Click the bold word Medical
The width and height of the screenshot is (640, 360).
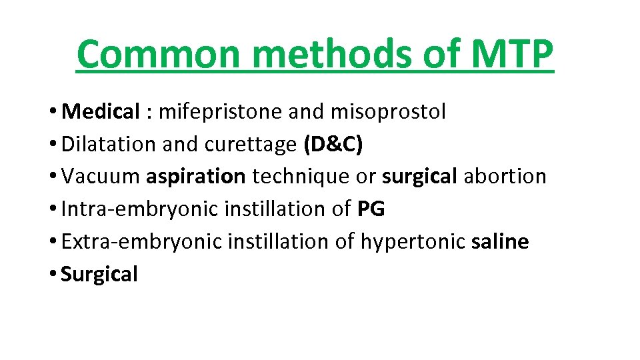[99, 112]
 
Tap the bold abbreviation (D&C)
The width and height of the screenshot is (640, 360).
[333, 145]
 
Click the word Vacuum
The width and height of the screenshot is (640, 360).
[100, 177]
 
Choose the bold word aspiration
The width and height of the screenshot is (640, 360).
[196, 177]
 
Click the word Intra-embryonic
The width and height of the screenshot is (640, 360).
[140, 209]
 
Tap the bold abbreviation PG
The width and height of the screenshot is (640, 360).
[371, 209]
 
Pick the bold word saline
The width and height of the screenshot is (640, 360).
[500, 241]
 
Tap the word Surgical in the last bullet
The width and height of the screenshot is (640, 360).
[99, 274]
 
